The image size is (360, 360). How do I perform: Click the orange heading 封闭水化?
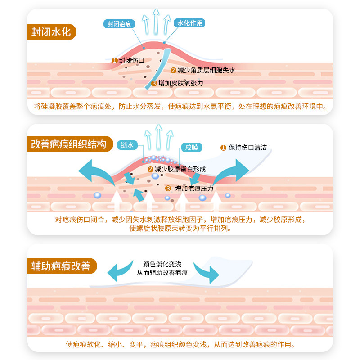click(x=51, y=32)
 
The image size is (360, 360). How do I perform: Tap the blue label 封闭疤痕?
click(x=119, y=24)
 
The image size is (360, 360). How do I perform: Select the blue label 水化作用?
click(x=190, y=23)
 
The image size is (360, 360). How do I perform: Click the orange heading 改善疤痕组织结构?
click(x=68, y=145)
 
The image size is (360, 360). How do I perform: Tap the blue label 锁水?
click(x=127, y=145)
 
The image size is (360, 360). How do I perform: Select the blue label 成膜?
click(x=191, y=148)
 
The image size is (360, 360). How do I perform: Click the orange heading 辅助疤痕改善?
click(x=60, y=266)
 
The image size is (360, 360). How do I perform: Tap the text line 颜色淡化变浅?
click(x=162, y=265)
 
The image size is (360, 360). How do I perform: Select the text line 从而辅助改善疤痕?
click(x=162, y=273)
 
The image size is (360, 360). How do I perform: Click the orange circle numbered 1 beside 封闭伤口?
click(x=115, y=60)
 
